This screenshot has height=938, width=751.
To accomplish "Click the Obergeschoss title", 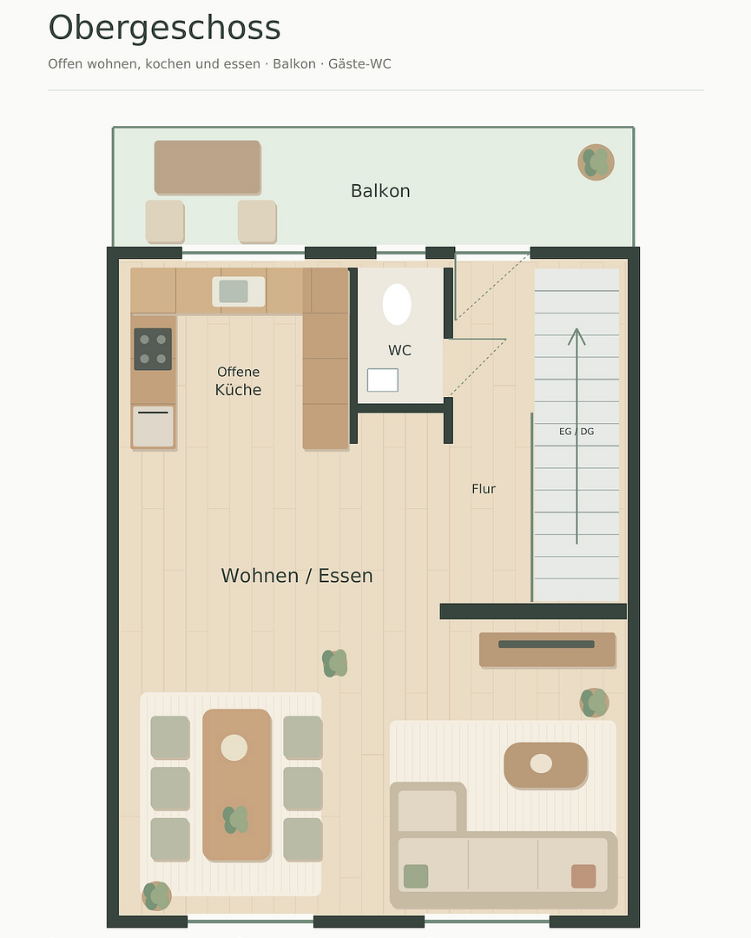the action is [164, 28].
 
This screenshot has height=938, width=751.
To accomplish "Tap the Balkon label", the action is [380, 191].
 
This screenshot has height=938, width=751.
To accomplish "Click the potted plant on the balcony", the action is [596, 162].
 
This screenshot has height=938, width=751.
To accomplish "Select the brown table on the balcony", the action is [208, 168].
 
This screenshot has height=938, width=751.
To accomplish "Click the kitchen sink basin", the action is [234, 291].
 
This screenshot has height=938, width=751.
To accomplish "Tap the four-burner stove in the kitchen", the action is [153, 349].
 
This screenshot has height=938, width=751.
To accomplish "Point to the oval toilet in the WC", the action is [397, 305].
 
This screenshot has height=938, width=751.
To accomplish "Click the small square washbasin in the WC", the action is [383, 380].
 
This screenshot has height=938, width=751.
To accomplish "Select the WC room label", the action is [399, 351].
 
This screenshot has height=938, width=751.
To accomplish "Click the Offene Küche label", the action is [238, 381].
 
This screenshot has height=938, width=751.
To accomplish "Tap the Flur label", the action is [484, 489].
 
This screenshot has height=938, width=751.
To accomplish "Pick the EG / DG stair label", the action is [576, 432].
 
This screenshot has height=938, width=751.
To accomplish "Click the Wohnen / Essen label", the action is [297, 576].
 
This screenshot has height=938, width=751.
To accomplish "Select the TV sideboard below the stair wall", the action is [547, 650].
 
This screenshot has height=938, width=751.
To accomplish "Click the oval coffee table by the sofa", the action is [546, 765].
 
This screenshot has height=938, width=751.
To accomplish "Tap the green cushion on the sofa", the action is [416, 876].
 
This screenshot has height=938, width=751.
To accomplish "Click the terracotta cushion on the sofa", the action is [583, 876].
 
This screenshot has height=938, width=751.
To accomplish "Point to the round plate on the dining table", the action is [234, 748].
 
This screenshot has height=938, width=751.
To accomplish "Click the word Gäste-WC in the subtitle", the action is [359, 64].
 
